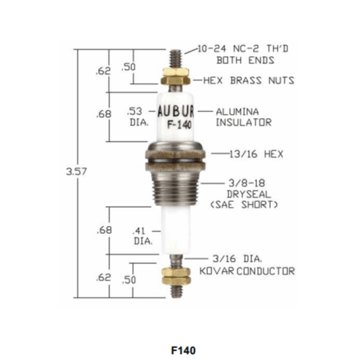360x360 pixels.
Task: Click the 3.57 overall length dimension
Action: point(76,172)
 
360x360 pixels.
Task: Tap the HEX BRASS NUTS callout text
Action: point(249,80)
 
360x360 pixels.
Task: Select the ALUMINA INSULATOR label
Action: point(244,117)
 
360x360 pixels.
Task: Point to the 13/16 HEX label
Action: point(257,154)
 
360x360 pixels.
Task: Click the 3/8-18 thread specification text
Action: point(247,183)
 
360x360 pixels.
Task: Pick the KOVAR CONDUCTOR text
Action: point(247,271)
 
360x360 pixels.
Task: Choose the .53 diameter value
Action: point(134,111)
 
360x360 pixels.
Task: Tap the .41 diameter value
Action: point(138,231)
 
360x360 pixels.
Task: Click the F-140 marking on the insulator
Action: point(179,125)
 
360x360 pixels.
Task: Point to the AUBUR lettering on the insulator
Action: point(176,111)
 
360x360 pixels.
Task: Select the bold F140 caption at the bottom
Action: point(183,351)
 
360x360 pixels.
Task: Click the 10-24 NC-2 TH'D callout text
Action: point(243,49)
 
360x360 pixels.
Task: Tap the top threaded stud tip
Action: point(176,51)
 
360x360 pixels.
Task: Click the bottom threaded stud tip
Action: point(176,297)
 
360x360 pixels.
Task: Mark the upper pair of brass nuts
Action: point(176,76)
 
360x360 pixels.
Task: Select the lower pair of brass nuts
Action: point(176,276)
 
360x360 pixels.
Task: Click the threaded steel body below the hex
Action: point(175,188)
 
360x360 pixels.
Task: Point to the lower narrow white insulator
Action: point(176,230)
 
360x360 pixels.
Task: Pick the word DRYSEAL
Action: point(249,195)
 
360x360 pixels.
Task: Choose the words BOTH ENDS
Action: point(245,60)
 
